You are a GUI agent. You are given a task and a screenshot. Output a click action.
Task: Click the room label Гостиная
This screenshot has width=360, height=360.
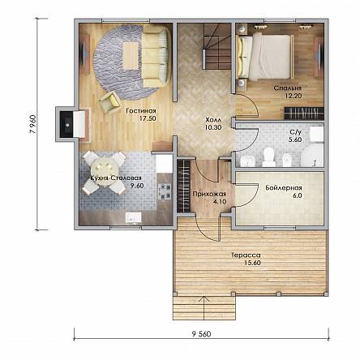point(141,111)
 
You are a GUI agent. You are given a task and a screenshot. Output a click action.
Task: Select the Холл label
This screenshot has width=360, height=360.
point(213,120)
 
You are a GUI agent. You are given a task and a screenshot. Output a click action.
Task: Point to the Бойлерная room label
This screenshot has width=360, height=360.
point(284,188)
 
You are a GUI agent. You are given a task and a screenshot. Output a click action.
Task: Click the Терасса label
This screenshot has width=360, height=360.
point(246,255)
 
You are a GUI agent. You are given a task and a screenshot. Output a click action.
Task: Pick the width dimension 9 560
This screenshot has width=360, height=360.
point(201,334)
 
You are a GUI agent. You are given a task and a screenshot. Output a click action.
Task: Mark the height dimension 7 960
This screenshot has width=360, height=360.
point(33,125)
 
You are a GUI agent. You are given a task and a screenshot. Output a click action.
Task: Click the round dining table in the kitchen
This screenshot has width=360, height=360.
point(104,172)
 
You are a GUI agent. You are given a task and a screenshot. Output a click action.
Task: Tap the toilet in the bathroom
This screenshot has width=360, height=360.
point(269,156)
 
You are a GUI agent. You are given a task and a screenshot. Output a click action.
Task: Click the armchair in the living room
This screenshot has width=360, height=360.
point(109,102)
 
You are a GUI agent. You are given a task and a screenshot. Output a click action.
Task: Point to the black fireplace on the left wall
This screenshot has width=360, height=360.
point(66,124)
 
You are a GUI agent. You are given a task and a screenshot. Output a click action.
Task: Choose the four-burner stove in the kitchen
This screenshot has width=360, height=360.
point(165,191)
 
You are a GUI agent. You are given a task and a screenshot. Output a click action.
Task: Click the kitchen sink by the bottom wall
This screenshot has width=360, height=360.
point(134,217)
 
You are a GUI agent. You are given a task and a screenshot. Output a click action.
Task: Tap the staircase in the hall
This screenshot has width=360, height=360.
point(216,46)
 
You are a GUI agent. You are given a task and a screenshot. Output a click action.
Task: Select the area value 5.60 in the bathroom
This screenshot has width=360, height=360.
point(295,139)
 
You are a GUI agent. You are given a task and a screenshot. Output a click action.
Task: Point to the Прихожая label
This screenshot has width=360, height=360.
point(209,194)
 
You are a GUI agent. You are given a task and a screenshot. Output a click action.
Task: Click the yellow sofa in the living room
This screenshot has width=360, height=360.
point(156,56)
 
